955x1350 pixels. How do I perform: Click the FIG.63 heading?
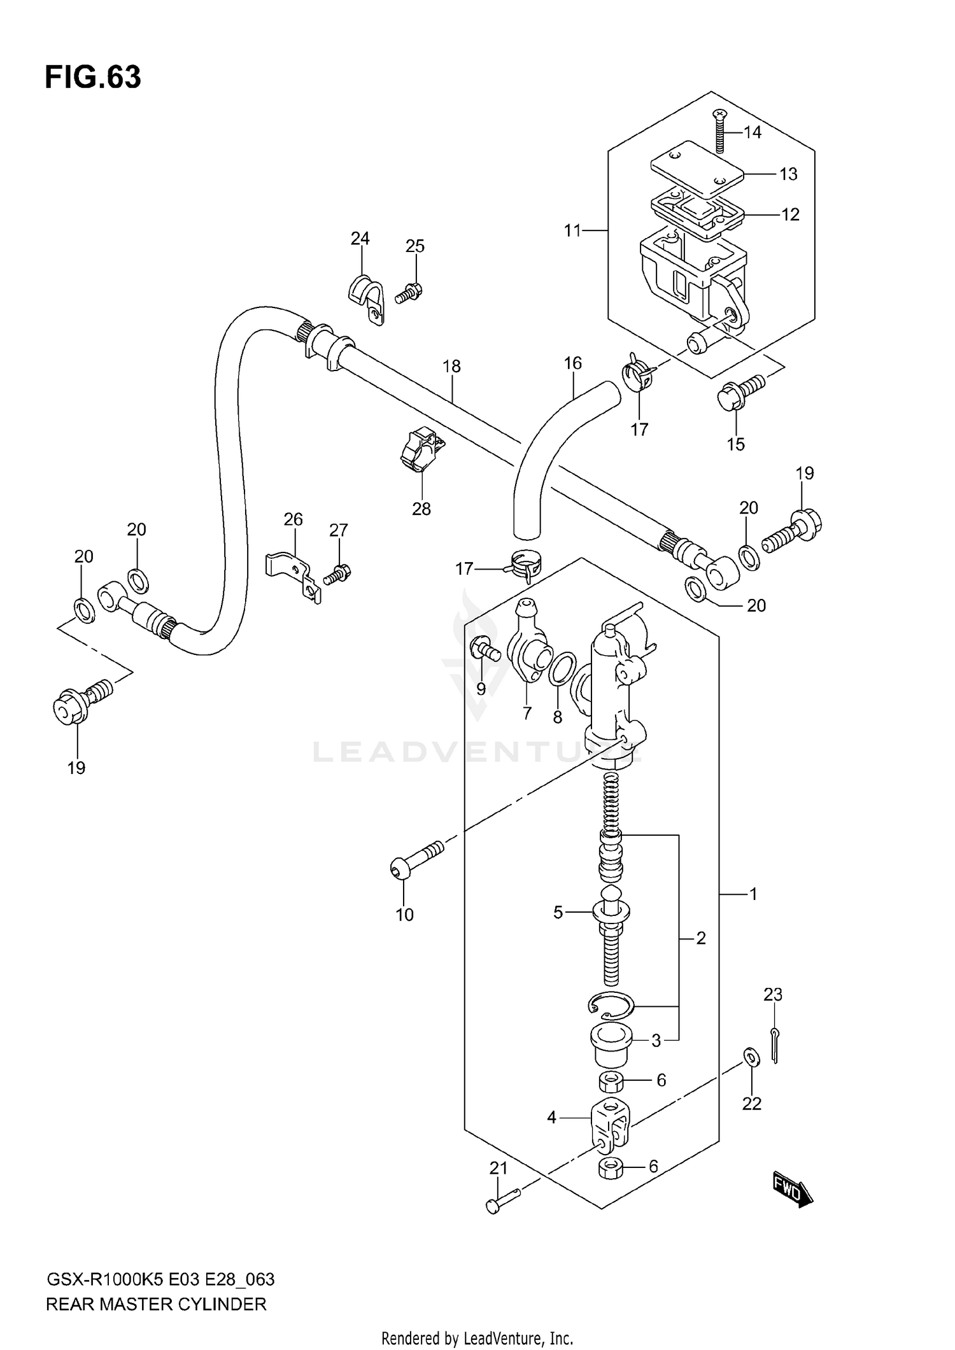tap(93, 78)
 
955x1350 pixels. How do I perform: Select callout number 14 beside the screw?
tap(752, 132)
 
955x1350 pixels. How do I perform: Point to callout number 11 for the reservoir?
tap(572, 230)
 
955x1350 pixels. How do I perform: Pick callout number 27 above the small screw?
tap(338, 530)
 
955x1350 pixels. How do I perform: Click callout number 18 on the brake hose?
tap(451, 367)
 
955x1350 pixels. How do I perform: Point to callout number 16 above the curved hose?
tap(572, 363)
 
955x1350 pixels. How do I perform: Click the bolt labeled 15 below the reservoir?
tap(739, 393)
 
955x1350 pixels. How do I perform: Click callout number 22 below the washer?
tap(751, 1104)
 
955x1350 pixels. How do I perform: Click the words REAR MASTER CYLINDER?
tap(156, 1304)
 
